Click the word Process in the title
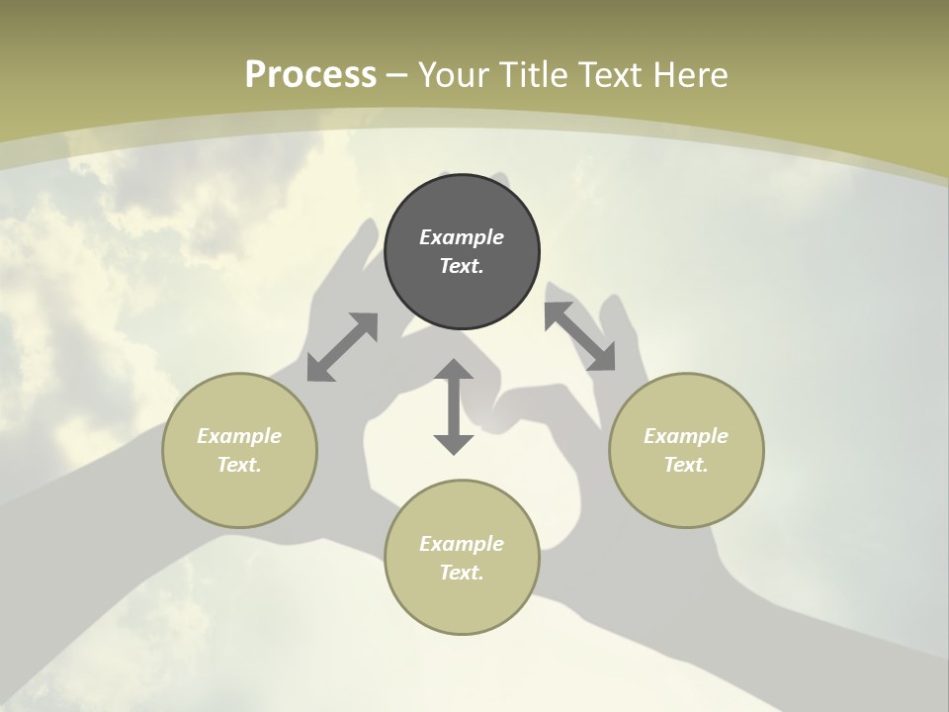tap(310, 75)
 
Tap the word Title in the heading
tap(535, 75)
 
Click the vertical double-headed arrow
tap(454, 407)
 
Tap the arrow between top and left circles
tap(342, 347)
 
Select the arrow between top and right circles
tap(579, 336)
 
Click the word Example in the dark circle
tap(462, 237)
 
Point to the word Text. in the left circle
tap(239, 465)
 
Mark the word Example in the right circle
tap(686, 436)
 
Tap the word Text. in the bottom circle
tap(462, 573)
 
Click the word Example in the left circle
tap(239, 436)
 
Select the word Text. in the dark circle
tap(462, 266)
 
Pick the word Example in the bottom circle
tap(462, 544)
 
